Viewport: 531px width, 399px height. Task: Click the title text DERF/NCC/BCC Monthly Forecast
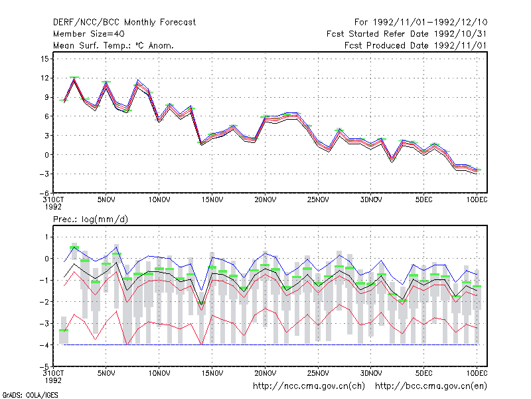coord(124,23)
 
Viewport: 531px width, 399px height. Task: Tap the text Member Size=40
coord(89,34)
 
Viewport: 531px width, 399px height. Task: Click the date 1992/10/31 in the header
coord(460,34)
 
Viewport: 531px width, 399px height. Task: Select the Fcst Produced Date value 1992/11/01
coord(460,45)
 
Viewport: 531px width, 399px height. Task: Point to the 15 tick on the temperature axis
coord(44,59)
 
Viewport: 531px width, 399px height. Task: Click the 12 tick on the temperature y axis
coord(44,78)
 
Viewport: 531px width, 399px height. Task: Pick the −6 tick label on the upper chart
coord(44,193)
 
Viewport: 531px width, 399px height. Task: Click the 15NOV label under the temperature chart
coord(212,199)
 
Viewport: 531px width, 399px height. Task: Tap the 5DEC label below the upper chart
coord(424,199)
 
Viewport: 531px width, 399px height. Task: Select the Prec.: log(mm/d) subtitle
coord(90,219)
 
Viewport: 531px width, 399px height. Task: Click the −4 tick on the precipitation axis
coord(44,345)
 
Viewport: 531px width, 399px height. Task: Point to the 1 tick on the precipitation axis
coord(46,237)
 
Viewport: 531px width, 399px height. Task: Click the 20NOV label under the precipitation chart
coord(265,373)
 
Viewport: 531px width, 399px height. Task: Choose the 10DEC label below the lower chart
coord(477,373)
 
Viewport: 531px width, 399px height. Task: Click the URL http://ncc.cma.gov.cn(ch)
coord(309,386)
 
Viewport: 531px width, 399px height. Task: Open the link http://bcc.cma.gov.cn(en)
coord(431,386)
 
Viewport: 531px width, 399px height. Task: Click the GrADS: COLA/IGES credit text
coord(30,395)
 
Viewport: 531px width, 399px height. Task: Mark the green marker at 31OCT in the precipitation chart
coord(64,330)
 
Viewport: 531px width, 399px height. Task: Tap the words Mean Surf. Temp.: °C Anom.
coord(114,45)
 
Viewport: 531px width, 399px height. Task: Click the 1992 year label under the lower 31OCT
coord(53,380)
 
